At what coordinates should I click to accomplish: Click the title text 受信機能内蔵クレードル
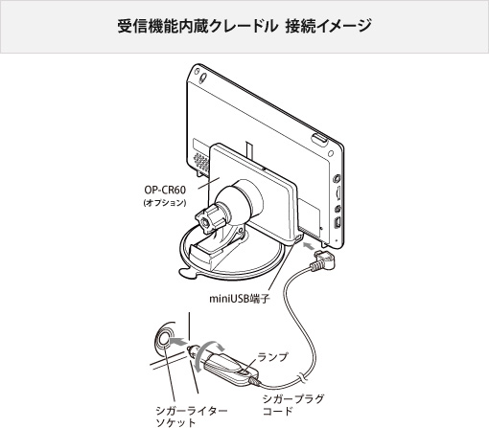(x=198, y=26)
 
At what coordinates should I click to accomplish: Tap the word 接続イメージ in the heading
(x=328, y=26)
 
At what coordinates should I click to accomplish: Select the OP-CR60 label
(x=165, y=190)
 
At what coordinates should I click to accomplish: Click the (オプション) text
(x=165, y=203)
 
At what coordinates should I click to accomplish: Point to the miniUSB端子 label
(x=240, y=299)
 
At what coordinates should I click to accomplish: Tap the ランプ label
(x=272, y=357)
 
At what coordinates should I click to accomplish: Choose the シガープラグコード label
(x=293, y=405)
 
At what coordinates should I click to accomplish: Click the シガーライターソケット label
(x=192, y=417)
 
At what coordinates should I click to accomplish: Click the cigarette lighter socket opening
(x=164, y=340)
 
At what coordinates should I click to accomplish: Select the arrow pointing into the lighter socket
(x=178, y=342)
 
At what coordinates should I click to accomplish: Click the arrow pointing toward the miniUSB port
(x=309, y=246)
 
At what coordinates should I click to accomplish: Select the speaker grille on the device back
(x=200, y=162)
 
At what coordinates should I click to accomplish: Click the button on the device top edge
(x=319, y=140)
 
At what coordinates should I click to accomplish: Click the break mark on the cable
(x=301, y=377)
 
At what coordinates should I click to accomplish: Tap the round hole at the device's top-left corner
(x=203, y=78)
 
